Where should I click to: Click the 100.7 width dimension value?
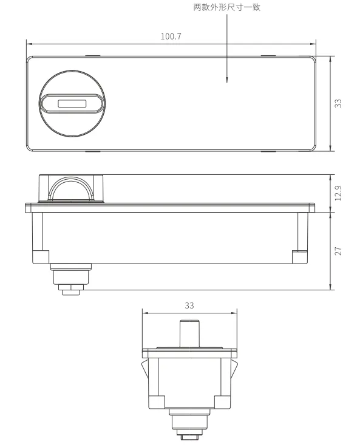(x=171, y=36)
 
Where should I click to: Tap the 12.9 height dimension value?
(x=338, y=193)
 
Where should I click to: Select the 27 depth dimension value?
(x=338, y=251)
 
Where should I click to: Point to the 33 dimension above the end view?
(x=189, y=305)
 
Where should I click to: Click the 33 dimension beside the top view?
(x=338, y=103)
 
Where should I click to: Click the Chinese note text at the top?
(x=227, y=7)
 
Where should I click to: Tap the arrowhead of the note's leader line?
(x=227, y=80)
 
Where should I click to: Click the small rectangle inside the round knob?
(x=72, y=103)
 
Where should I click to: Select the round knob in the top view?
(x=72, y=104)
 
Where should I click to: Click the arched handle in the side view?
(x=71, y=179)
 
